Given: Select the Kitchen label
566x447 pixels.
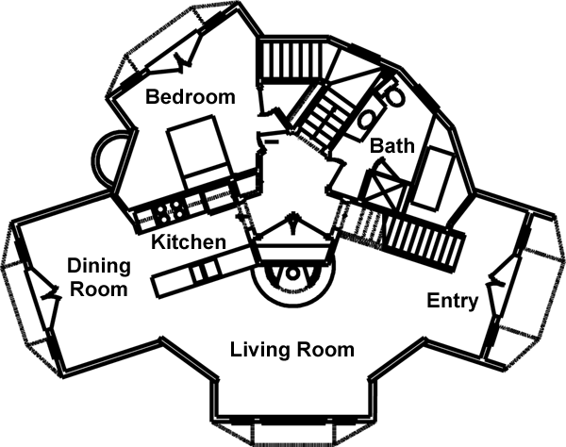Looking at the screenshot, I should (189, 242).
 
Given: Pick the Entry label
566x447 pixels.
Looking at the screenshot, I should (453, 302).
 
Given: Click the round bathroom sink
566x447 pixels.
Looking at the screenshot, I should (366, 121).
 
